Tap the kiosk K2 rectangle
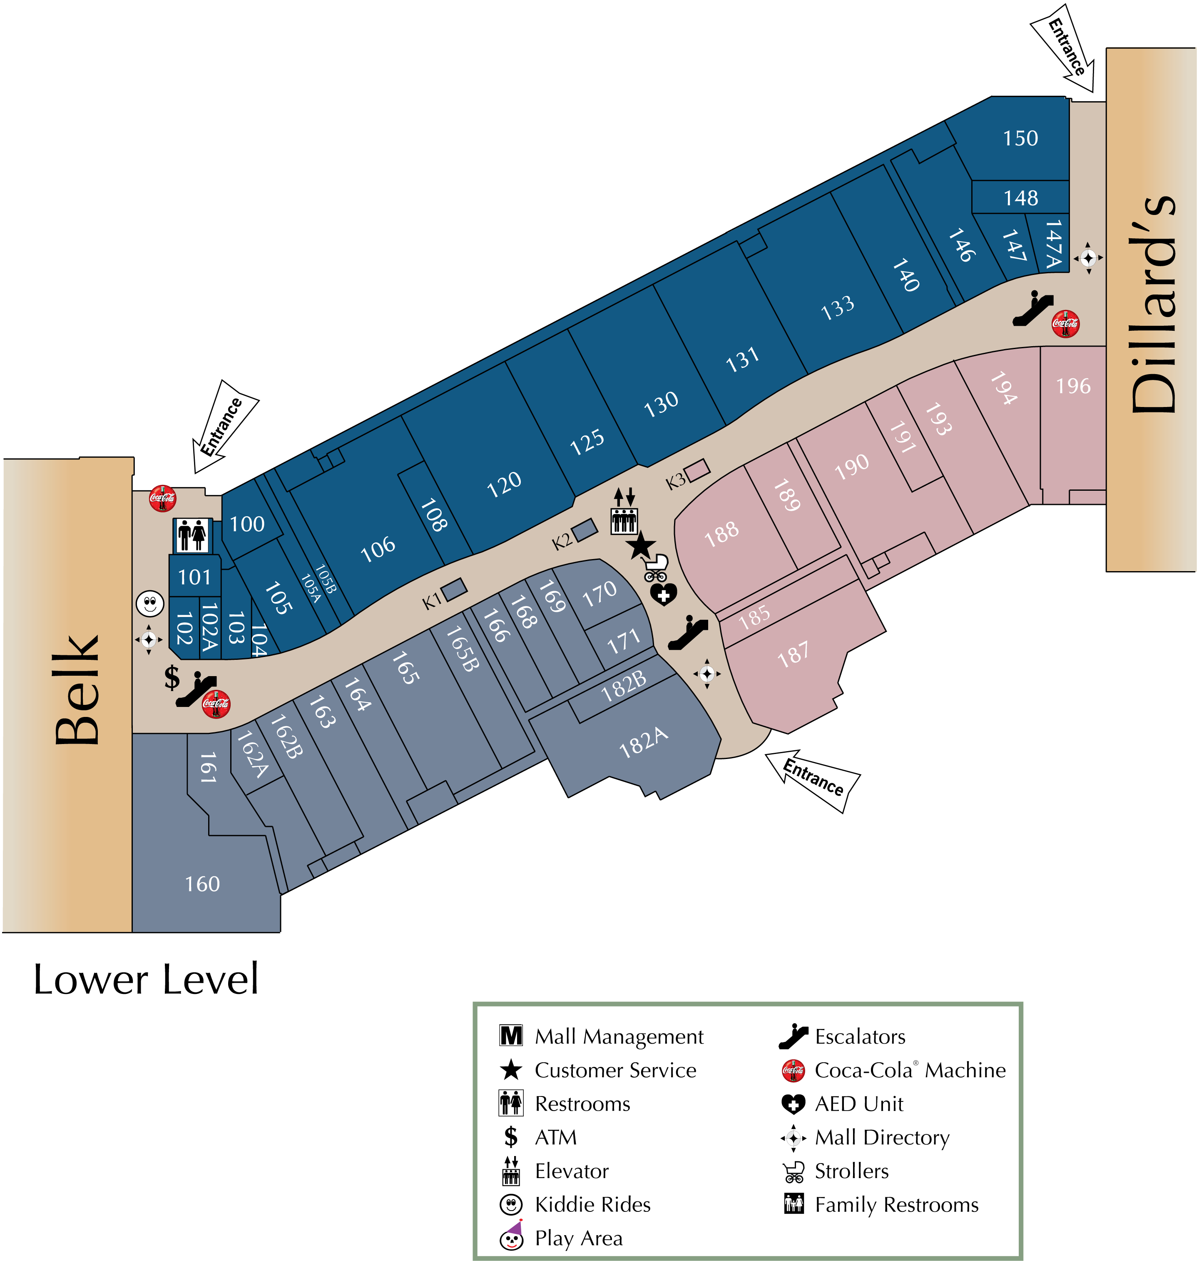pos(584,529)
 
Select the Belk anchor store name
pos(77,691)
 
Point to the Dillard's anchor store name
pos(1152,304)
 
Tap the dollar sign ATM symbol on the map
pos(171,677)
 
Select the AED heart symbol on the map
pos(664,594)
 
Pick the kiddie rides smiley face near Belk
pos(149,602)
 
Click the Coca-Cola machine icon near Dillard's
pos(1065,324)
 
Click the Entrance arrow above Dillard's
pos(1064,50)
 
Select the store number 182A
pos(644,743)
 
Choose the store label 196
pos(1073,386)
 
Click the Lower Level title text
pos(146,979)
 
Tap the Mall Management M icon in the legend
pos(511,1035)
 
